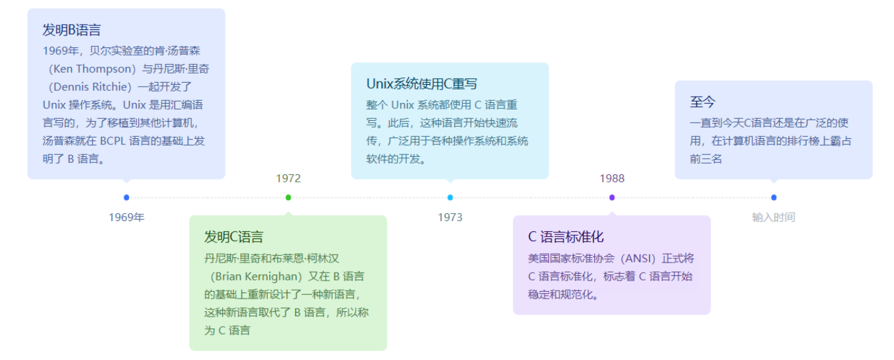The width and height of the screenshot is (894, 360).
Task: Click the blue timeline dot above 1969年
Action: coord(126,197)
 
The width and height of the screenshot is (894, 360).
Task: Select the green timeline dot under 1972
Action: coord(288,197)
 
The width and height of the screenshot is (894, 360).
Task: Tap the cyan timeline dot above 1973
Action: coord(450,197)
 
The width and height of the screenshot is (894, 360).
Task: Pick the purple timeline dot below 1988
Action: coord(612,197)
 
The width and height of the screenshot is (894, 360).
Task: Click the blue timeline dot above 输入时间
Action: coord(774,197)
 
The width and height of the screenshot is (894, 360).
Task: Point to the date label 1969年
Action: coord(126,217)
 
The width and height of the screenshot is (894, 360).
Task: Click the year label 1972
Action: coord(288,178)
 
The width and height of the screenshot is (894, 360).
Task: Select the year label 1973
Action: coord(450,217)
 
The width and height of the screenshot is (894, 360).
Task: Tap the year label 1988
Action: coord(612,178)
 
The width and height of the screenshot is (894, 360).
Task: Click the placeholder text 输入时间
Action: coord(773,217)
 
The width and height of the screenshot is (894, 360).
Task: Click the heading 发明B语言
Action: coord(71,30)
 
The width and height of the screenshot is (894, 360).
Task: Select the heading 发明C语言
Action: coord(234,237)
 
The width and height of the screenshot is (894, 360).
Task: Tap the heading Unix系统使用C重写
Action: coord(422,84)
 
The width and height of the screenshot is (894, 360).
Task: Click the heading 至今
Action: coord(702,102)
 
